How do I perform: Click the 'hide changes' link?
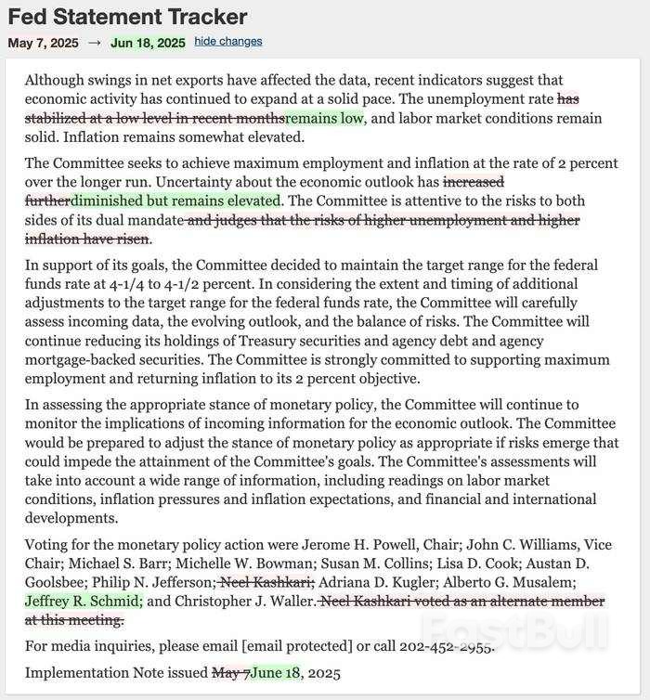click(x=228, y=42)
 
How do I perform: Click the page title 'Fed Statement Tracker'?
click(x=127, y=17)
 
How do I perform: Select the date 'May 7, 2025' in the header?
click(x=44, y=43)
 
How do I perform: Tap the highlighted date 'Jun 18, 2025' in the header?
click(x=148, y=43)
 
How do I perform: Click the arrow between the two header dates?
click(x=96, y=43)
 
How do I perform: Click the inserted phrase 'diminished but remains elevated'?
click(x=175, y=201)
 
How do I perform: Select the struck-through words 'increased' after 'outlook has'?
click(x=474, y=182)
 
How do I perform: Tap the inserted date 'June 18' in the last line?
click(x=276, y=673)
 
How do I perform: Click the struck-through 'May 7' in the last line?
click(x=230, y=673)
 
